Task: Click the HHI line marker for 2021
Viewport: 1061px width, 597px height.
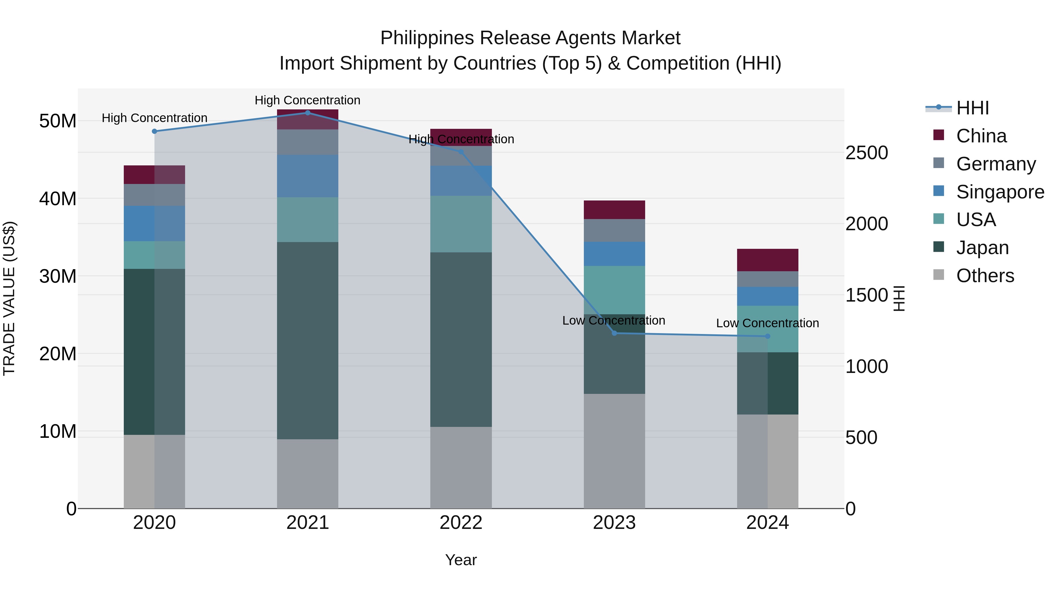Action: click(308, 113)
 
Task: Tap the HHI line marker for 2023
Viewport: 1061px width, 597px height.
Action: click(614, 333)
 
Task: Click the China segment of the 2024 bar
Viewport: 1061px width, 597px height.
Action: click(767, 260)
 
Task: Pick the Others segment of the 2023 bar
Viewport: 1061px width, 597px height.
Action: click(614, 451)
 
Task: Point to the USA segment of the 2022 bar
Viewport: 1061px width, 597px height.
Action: click(461, 224)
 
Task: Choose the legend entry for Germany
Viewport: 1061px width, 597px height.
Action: click(996, 164)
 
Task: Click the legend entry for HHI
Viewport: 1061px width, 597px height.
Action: click(972, 108)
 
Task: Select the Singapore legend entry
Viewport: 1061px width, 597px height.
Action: click(1000, 192)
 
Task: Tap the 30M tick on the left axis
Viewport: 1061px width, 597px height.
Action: click(58, 276)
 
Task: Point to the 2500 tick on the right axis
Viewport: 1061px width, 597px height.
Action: click(866, 153)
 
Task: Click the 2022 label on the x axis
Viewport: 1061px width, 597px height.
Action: click(461, 523)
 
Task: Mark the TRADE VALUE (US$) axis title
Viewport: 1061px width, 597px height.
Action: click(9, 298)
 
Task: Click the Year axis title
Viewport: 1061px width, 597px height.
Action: click(461, 560)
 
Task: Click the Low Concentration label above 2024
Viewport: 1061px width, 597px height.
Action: click(767, 323)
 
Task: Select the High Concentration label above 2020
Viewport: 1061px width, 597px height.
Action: click(154, 118)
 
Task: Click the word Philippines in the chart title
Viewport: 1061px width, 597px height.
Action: click(427, 38)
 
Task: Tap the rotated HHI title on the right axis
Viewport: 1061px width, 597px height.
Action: click(899, 298)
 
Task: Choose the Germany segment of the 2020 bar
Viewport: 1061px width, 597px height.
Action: click(154, 195)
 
